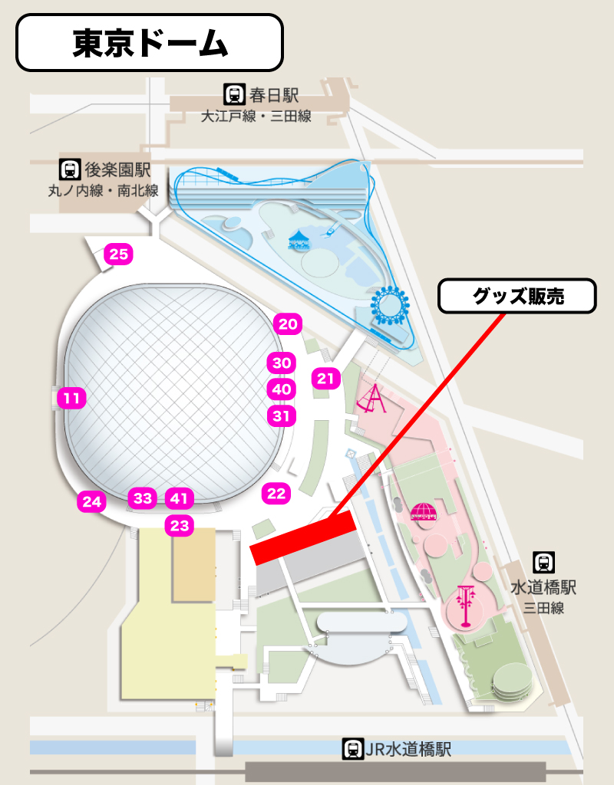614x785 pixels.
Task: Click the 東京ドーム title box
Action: [150, 44]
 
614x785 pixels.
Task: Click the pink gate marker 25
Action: [119, 255]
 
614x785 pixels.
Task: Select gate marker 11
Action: [72, 398]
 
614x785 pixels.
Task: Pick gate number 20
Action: [288, 324]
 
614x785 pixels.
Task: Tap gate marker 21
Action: [326, 378]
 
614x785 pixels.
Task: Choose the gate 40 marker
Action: [282, 389]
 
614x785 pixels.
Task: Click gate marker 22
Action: [276, 494]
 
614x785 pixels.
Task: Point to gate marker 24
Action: [92, 502]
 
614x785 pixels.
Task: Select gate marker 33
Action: [143, 498]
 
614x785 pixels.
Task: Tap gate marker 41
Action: [178, 498]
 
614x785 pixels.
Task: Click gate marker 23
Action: [179, 526]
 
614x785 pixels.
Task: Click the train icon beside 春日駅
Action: [233, 95]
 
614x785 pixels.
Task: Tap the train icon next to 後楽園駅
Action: [71, 169]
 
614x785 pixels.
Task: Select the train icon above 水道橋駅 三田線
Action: [543, 563]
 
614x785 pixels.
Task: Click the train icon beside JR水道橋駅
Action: [353, 749]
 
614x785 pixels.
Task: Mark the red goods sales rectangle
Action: [303, 538]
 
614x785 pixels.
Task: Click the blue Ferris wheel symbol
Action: [388, 304]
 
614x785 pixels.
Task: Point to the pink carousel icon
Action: [422, 511]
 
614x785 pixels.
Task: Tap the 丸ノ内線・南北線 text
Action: [103, 191]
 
